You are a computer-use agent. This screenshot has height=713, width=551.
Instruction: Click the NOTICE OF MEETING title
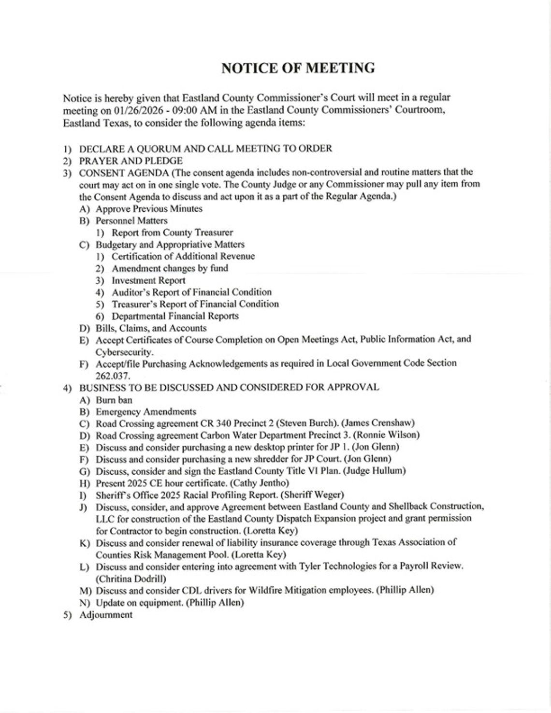[298, 68]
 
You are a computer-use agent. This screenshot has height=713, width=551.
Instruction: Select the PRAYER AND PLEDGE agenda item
[131, 161]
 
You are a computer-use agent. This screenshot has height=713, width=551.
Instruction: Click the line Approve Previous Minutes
[149, 209]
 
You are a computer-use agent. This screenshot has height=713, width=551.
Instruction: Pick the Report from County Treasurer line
[172, 233]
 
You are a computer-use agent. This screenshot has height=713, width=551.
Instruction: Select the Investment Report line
[148, 280]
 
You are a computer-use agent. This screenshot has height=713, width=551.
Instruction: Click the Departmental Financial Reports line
[175, 316]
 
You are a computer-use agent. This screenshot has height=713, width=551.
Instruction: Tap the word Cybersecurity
[124, 351]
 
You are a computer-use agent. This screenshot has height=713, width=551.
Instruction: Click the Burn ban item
[114, 400]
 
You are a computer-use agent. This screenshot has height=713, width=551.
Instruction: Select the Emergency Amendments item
[146, 412]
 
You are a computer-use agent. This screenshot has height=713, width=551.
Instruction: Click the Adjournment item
[105, 615]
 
